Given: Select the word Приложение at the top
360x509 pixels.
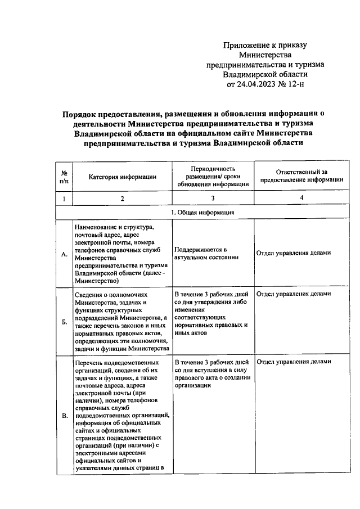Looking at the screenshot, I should [245, 46].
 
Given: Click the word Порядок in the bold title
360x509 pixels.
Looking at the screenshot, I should [82, 113].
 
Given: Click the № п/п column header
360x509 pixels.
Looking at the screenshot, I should [65, 177].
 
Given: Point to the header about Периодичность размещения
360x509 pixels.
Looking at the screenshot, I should [213, 177].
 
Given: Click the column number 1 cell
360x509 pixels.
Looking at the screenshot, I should [65, 199].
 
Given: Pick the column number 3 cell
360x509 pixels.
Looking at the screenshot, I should [213, 199].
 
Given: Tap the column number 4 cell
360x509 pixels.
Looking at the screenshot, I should [301, 199].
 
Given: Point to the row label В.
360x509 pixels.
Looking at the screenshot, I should [65, 416].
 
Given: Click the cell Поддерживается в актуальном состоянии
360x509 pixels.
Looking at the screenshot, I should [201, 253].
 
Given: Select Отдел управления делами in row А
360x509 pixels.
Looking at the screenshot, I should [293, 253].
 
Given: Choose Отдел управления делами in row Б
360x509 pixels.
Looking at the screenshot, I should [293, 294].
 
